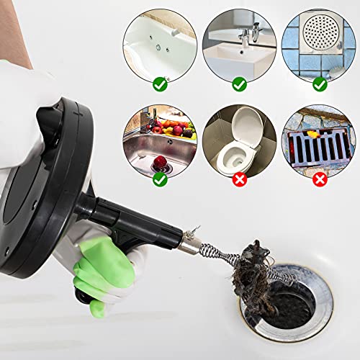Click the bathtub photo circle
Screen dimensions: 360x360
[x=159, y=43]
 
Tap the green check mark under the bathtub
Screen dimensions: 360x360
[x=159, y=84]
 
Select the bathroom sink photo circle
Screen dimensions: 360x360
[x=239, y=43]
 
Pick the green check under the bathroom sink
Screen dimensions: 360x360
[x=239, y=84]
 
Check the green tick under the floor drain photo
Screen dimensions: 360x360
[x=319, y=84]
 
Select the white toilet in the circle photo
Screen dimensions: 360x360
[x=241, y=140]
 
